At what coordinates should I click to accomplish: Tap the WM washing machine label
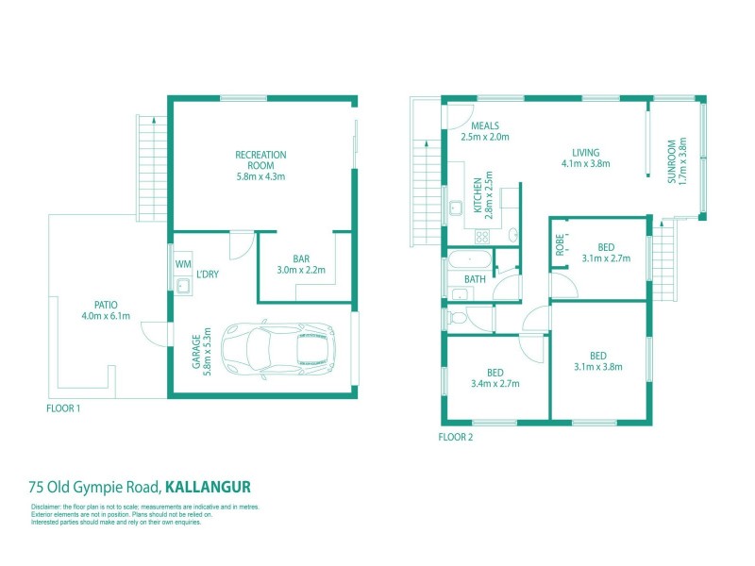coord(182,264)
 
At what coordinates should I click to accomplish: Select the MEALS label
coord(486,125)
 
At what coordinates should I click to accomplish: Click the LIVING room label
coord(585,152)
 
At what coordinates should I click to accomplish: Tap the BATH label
coord(474,279)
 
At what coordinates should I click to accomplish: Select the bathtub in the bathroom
coord(469,258)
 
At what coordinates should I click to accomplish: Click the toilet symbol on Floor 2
coord(459,319)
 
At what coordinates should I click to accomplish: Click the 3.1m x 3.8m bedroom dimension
coord(598,368)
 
